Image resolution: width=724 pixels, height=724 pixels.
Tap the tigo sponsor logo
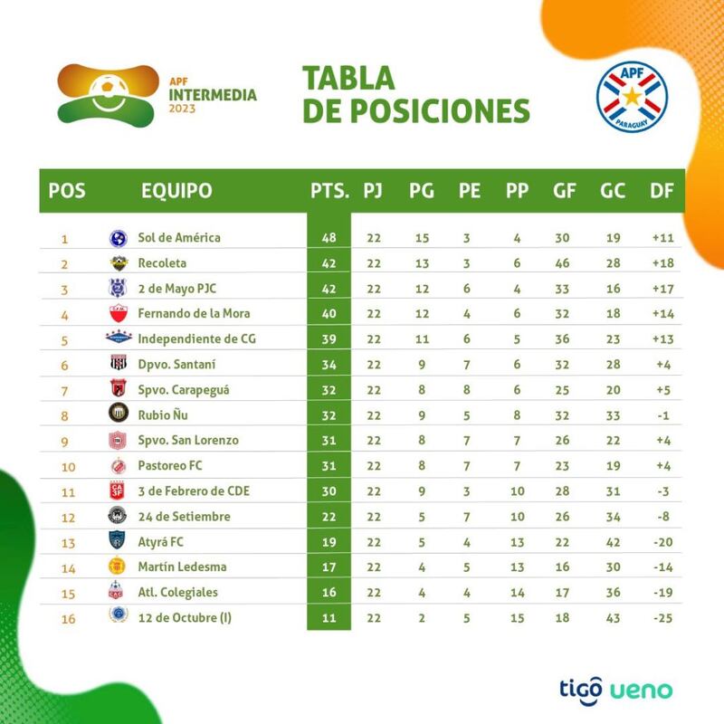click(576, 690)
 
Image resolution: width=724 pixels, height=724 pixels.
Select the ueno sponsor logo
click(641, 691)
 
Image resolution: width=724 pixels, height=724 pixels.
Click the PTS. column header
click(329, 191)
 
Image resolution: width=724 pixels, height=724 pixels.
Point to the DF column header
click(662, 191)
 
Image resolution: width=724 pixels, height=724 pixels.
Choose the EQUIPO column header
click(177, 191)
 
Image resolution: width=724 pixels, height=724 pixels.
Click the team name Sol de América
click(179, 238)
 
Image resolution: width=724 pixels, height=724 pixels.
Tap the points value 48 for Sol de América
click(329, 238)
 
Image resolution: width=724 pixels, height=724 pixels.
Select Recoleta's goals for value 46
click(562, 263)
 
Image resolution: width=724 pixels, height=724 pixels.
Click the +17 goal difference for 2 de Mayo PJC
click(663, 289)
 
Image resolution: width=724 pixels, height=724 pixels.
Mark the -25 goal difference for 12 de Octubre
click(663, 618)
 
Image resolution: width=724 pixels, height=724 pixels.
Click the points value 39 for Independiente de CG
click(329, 339)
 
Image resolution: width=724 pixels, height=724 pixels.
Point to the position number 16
click(64, 618)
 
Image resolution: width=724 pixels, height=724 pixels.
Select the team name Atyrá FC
click(164, 542)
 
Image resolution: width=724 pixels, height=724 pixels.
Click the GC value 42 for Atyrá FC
click(611, 542)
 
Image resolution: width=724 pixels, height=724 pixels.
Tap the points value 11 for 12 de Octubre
click(329, 618)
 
